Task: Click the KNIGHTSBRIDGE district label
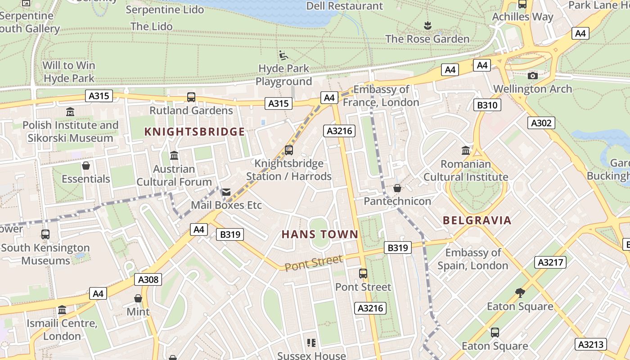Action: point(194,132)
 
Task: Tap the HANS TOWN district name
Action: point(320,234)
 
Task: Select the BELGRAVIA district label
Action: point(477,220)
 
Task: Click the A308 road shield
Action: point(148,280)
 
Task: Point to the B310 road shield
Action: point(487,105)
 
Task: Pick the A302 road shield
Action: point(541,123)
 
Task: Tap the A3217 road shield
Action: point(550,262)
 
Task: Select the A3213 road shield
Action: point(591,345)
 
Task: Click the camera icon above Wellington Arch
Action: point(533,76)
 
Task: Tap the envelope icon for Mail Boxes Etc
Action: point(226,192)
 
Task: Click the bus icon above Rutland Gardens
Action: point(191,97)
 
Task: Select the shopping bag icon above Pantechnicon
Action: point(397,188)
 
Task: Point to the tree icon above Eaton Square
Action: point(520,293)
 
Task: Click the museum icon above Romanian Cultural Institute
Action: point(466,150)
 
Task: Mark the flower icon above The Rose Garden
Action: point(427,26)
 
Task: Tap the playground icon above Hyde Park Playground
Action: point(283,55)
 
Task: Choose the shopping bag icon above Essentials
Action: point(86,166)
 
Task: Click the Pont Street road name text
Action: point(314,263)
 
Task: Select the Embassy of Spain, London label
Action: point(473,259)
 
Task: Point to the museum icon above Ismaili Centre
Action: point(62,310)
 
